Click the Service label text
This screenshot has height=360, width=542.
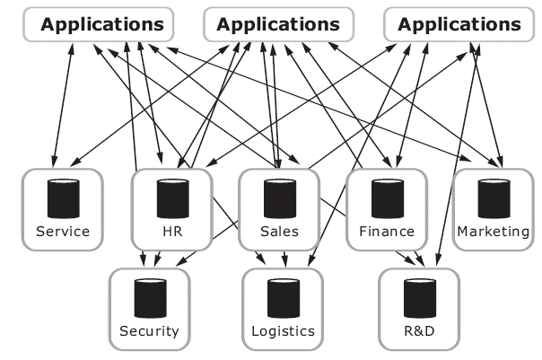click(x=63, y=232)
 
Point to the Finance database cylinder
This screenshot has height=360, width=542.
click(x=386, y=199)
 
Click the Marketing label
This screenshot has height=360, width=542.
click(x=494, y=232)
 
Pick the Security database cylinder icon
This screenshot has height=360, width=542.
click(x=149, y=298)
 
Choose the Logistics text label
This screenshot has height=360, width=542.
click(x=281, y=331)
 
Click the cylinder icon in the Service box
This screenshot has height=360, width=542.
click(x=63, y=199)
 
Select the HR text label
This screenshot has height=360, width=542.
click(x=171, y=232)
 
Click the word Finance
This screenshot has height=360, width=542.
click(x=386, y=232)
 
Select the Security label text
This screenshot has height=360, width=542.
click(x=149, y=331)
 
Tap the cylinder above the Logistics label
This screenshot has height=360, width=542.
click(x=281, y=298)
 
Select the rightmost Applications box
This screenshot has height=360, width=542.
click(x=459, y=24)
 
